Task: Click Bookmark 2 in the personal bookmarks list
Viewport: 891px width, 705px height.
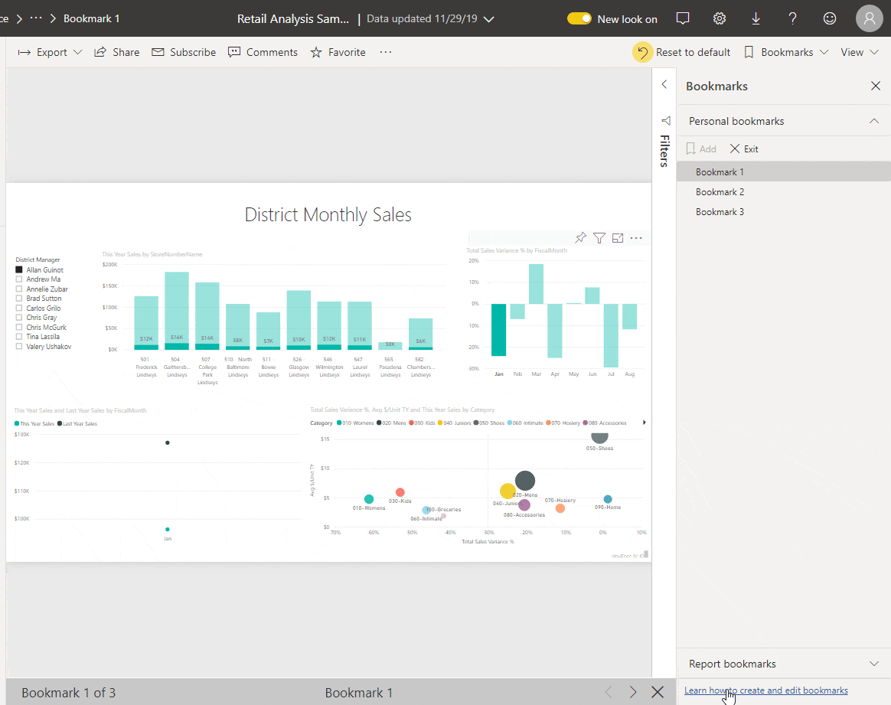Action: (x=720, y=192)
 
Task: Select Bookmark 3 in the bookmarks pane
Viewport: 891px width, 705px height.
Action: (x=720, y=212)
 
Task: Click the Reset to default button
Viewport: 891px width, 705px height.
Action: (x=683, y=52)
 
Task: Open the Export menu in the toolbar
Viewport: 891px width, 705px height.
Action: (x=51, y=52)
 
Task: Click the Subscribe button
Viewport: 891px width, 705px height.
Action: (x=184, y=52)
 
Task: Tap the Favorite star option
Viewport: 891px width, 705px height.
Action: (x=338, y=52)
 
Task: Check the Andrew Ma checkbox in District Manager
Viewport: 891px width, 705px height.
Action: (x=19, y=279)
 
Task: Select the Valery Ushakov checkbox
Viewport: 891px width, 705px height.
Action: (x=19, y=347)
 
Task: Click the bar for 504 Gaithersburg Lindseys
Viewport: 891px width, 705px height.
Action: (x=177, y=310)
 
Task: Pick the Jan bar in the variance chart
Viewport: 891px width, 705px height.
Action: (x=499, y=330)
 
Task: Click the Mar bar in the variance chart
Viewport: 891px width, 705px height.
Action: (x=536, y=284)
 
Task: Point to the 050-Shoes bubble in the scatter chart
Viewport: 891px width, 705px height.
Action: (x=599, y=436)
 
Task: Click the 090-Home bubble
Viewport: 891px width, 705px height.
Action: (x=608, y=499)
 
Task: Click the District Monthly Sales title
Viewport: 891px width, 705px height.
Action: (x=328, y=215)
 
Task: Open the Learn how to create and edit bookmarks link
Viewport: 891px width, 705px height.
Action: (x=765, y=690)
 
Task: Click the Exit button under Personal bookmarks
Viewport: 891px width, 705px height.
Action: (x=744, y=149)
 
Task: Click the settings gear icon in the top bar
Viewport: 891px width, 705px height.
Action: (x=720, y=18)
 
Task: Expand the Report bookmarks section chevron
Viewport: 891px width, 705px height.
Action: (x=874, y=664)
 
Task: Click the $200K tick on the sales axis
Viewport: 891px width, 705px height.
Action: (x=109, y=264)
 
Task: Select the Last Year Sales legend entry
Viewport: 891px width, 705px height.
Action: (x=79, y=423)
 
